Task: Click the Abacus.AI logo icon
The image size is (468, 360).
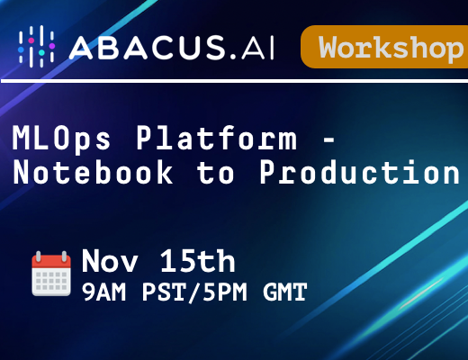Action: (x=37, y=47)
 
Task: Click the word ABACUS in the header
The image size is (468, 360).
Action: (x=148, y=47)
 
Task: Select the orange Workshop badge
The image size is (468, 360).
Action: (x=384, y=47)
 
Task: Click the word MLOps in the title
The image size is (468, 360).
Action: (x=61, y=139)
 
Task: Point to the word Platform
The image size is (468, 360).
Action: (x=217, y=138)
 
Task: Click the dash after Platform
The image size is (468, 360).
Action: (x=328, y=139)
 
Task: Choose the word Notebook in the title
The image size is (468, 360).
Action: (x=93, y=172)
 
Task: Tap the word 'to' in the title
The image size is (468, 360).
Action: (x=215, y=173)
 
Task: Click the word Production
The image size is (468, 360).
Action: (x=360, y=172)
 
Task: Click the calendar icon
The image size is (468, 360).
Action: (x=51, y=274)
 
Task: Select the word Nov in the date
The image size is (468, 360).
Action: (x=110, y=261)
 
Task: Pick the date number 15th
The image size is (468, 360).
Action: (x=197, y=261)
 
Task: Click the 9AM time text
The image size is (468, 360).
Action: (x=103, y=292)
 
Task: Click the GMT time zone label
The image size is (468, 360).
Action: (x=285, y=292)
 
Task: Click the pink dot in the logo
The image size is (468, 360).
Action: (x=31, y=40)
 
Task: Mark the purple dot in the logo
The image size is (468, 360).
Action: (x=52, y=46)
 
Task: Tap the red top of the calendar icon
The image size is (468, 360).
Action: (x=51, y=261)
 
